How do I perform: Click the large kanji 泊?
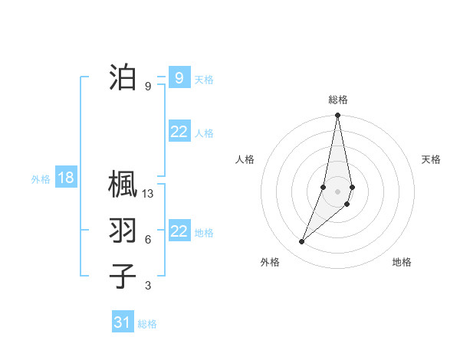[123, 77]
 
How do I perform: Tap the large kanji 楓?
[123, 185]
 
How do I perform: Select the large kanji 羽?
[123, 231]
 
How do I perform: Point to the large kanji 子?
[123, 276]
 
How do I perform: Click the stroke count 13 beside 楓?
[148, 194]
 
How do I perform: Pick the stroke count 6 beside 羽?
[148, 240]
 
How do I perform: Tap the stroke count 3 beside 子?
[148, 286]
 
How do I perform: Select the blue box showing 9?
[179, 77]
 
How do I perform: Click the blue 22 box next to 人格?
[179, 132]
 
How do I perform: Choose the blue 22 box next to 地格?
[179, 231]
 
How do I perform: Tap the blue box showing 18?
[66, 178]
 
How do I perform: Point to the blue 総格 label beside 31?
[147, 324]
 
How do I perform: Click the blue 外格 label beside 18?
[41, 179]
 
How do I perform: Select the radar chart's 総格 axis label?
[338, 100]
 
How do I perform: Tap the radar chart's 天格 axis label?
[431, 159]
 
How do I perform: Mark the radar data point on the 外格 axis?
[302, 242]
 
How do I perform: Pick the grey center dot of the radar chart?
[338, 191]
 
